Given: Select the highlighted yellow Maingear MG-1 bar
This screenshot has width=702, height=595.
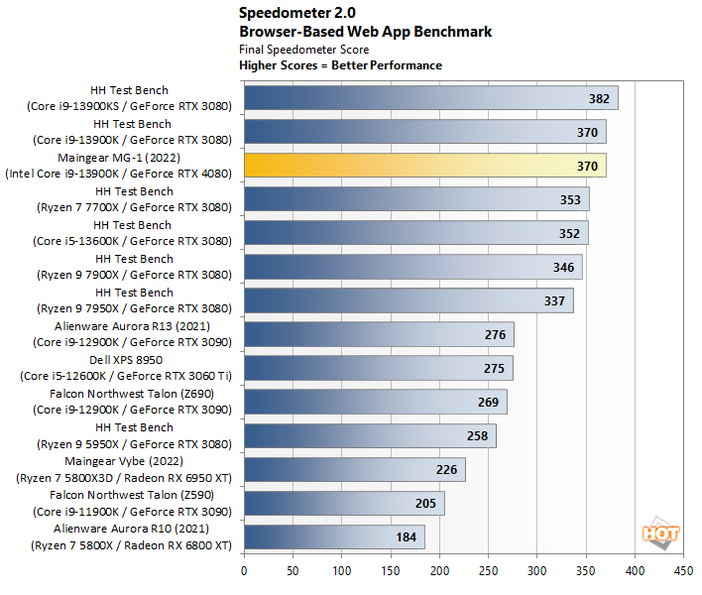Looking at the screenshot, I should [x=424, y=166].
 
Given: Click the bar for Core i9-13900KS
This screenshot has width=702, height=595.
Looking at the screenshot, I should [x=430, y=98].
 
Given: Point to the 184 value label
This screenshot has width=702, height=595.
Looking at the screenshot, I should [x=406, y=537].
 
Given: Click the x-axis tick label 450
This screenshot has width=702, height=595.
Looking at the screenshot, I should [x=683, y=571].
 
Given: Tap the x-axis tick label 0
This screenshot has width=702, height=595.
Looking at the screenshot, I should [x=244, y=571].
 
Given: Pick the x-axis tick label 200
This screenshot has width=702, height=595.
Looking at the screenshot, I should [x=439, y=571].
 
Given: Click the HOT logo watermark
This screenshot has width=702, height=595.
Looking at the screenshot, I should [x=660, y=535].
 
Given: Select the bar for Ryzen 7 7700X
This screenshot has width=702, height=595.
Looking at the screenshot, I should [x=416, y=199].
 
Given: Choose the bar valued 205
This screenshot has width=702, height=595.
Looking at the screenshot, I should [x=344, y=504].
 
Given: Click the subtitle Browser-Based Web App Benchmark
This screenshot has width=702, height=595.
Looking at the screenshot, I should [x=365, y=31].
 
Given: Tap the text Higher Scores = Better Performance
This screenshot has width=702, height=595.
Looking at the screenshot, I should [x=340, y=65].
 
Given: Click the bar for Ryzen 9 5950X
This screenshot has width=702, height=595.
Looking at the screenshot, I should [x=370, y=436].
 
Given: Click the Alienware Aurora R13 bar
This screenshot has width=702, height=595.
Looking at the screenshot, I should [x=379, y=335].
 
